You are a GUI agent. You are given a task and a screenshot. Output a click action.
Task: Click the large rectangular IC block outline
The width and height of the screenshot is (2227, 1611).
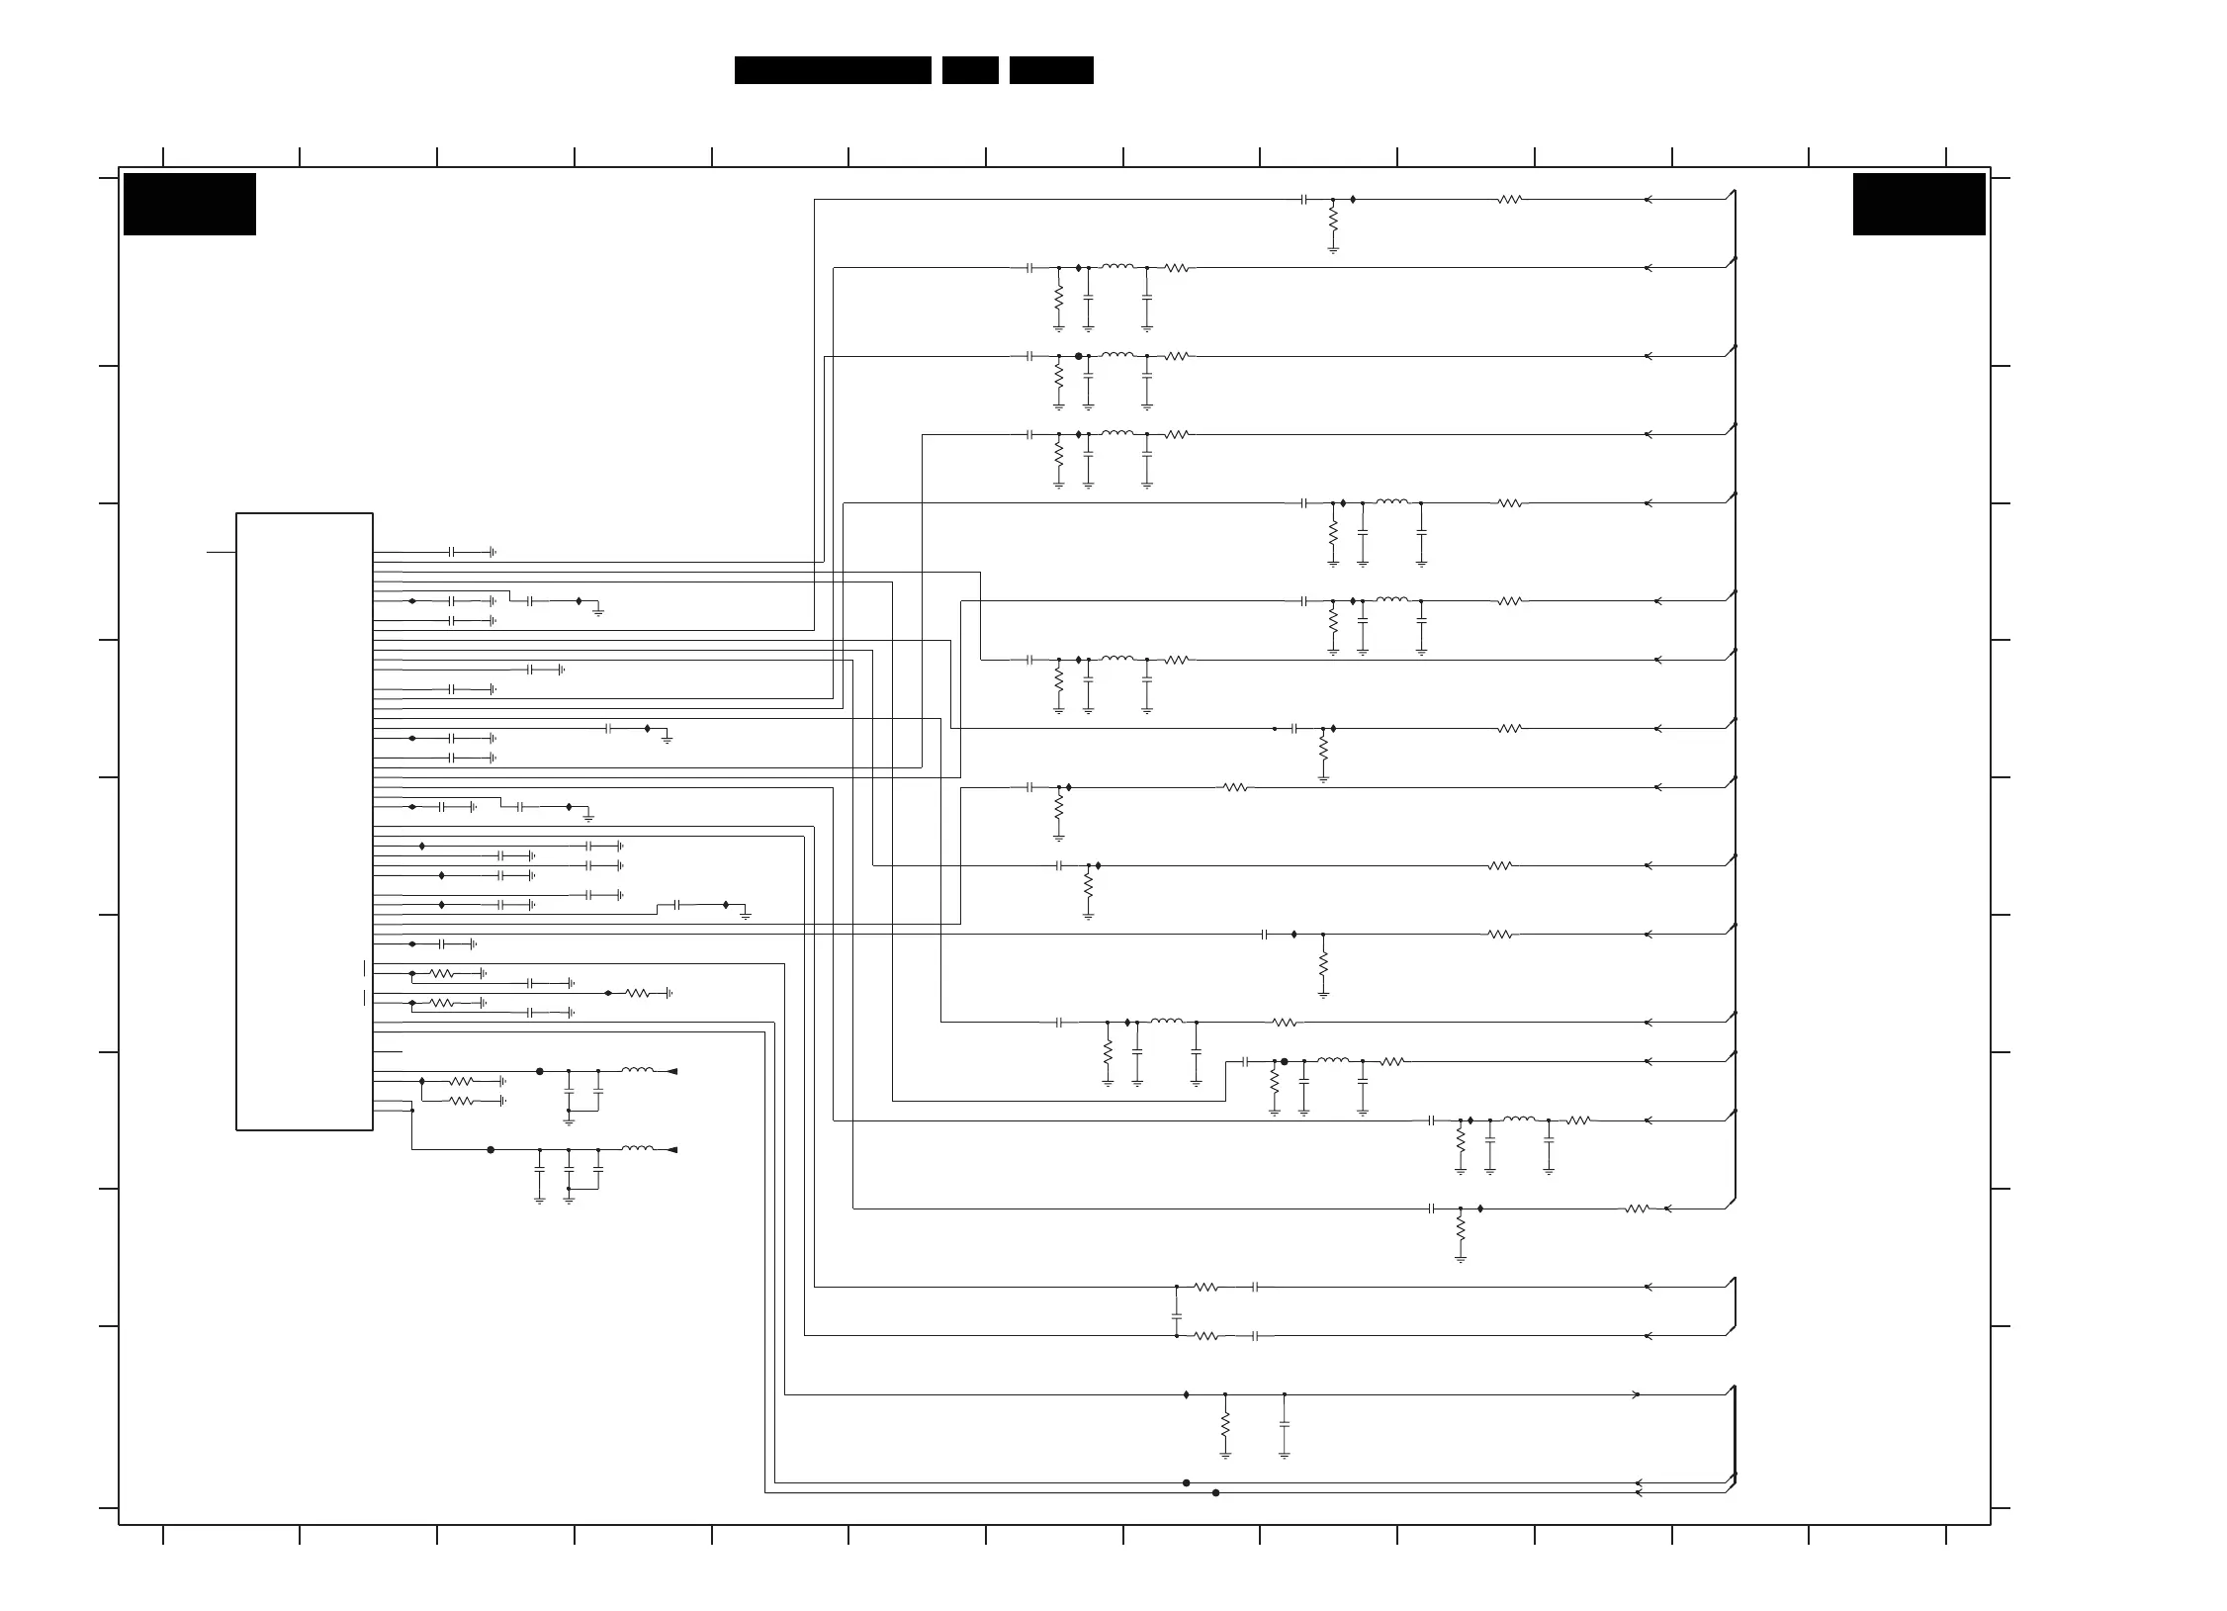[x=304, y=821]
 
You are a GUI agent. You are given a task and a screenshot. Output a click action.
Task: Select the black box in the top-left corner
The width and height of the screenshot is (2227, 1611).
[x=189, y=204]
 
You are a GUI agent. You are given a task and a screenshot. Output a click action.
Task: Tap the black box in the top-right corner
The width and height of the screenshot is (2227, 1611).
[x=1918, y=204]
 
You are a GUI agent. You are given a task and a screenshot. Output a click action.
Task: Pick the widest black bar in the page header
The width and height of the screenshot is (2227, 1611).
[x=833, y=70]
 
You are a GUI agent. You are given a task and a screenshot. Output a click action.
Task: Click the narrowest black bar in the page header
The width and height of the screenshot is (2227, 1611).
[x=969, y=70]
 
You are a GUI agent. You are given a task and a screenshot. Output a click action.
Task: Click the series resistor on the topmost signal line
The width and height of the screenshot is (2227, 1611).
[x=1509, y=199]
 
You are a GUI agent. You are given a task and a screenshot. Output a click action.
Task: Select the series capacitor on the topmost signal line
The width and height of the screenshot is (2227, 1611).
[x=1304, y=199]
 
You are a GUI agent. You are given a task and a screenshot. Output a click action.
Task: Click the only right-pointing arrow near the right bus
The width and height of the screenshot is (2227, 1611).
[x=1636, y=1394]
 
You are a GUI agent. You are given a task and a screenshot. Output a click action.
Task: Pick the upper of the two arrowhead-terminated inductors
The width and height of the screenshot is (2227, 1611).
[x=638, y=1070]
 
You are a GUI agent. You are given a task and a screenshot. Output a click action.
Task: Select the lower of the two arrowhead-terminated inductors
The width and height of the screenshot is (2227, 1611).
[x=638, y=1148]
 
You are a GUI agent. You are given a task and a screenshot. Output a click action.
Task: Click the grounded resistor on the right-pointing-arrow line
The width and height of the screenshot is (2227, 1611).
[x=1224, y=1424]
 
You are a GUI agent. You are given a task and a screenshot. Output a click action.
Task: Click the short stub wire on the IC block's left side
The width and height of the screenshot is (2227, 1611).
[x=221, y=551]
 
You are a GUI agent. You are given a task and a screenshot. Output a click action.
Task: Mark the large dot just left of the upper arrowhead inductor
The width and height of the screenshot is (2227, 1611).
[x=539, y=1071]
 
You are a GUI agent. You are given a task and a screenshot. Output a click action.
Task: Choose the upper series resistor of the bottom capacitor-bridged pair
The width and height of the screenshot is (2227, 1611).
[x=1205, y=1287]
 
